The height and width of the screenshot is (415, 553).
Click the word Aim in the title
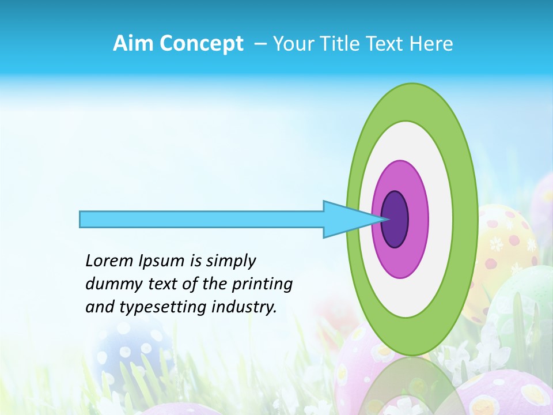pos(133,44)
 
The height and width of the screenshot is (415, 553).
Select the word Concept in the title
pos(201,44)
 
